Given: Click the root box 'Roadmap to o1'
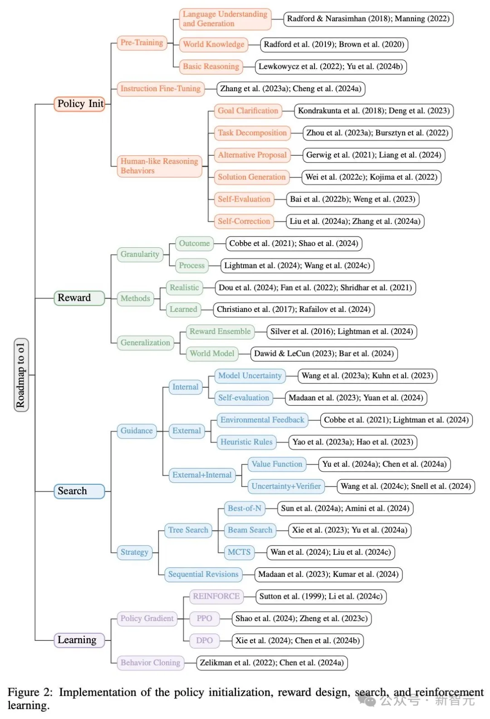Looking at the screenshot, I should click(21, 375).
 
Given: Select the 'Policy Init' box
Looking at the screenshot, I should click(80, 104).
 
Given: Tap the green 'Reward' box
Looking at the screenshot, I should click(79, 298).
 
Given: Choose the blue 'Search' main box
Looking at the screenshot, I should click(79, 491).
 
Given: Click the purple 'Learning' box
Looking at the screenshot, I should click(79, 640).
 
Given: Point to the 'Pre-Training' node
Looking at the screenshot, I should click(142, 43).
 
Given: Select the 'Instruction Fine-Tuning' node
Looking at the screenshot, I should click(160, 89).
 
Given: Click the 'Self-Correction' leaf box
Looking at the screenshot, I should click(244, 222).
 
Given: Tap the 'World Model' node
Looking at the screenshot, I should click(212, 354).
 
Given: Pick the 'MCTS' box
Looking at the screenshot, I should click(239, 552).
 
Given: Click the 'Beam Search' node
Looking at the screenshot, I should click(250, 530).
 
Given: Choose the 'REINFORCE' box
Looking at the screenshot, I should click(216, 596).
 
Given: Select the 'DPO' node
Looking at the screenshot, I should click(204, 640).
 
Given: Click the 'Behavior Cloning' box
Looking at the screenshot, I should click(150, 663).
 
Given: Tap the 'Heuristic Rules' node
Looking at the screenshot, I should click(246, 442).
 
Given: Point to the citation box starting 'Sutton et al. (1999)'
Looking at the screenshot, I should click(321, 596).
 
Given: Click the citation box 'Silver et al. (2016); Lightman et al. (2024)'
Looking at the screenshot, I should click(342, 331).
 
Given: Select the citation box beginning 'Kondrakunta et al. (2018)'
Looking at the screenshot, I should click(374, 111).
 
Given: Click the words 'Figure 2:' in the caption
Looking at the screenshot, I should click(30, 692).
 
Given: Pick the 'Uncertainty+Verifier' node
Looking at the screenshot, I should click(286, 486).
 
